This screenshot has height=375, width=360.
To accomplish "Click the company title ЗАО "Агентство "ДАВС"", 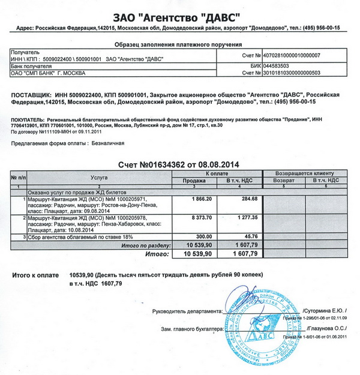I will coord(179,14).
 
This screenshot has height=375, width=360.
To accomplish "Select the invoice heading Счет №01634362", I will coord(147,164).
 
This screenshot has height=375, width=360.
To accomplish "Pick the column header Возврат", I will coord(284,181).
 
